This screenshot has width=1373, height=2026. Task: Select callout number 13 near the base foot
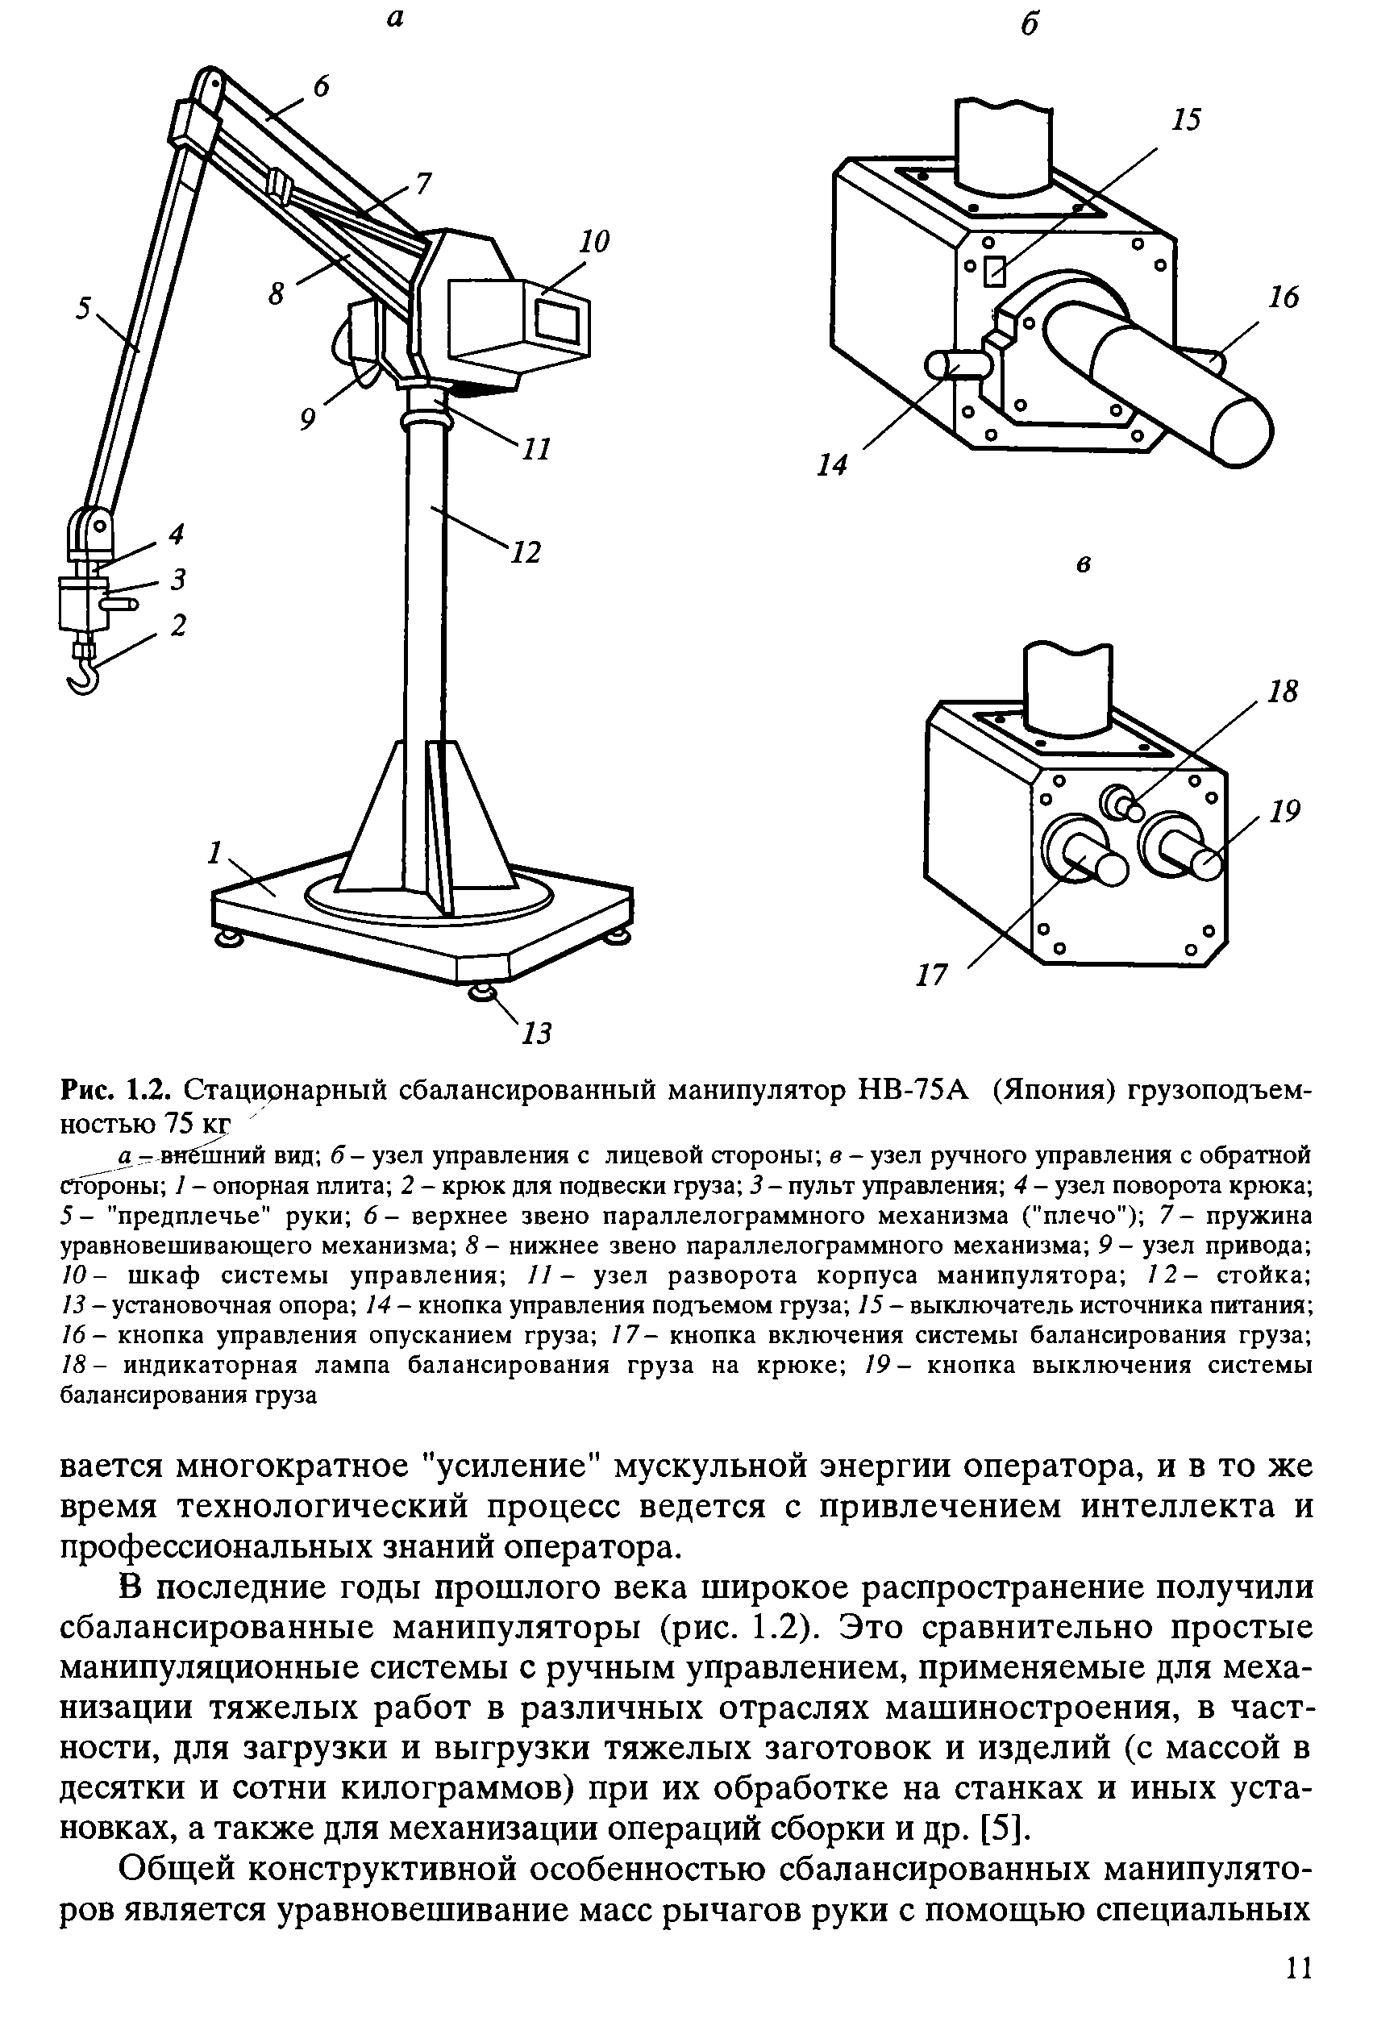[x=537, y=1034]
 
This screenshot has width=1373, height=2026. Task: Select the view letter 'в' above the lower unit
[x=1084, y=565]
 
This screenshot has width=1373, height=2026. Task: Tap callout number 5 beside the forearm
[x=84, y=307]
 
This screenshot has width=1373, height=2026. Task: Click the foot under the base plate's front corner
[x=482, y=994]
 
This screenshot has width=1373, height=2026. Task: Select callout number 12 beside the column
[x=526, y=551]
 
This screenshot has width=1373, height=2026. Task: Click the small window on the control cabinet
[x=557, y=320]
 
